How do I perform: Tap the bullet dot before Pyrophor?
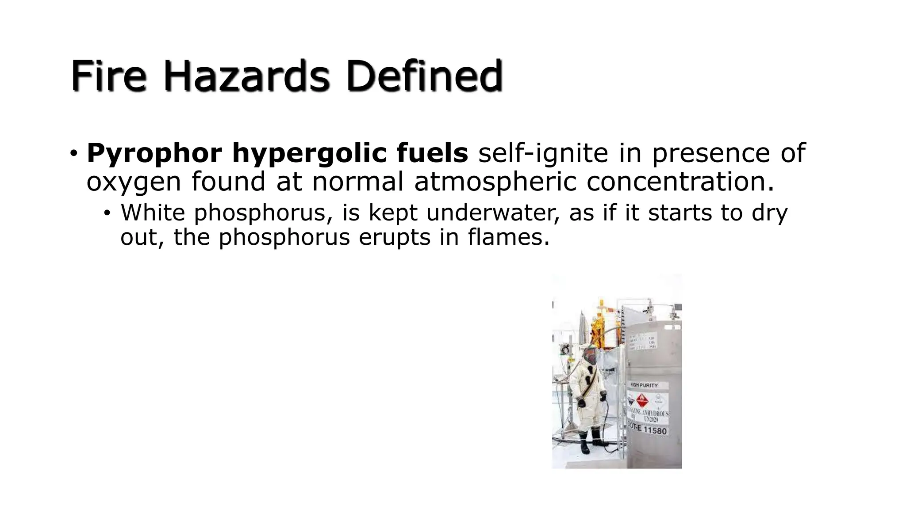point(73,154)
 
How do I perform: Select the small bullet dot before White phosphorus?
point(107,213)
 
